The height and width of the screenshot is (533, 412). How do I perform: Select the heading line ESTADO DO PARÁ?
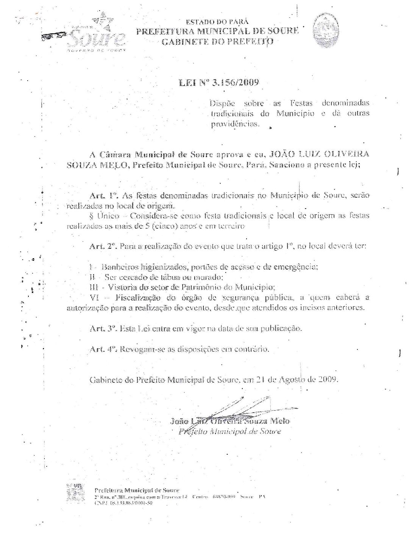(x=217, y=22)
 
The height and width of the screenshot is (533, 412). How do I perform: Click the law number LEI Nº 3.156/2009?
(x=218, y=83)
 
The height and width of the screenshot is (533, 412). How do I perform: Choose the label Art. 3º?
(x=102, y=328)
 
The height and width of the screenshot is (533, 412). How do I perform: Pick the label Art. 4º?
(x=102, y=349)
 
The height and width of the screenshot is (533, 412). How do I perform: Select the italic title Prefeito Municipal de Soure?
(x=230, y=431)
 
